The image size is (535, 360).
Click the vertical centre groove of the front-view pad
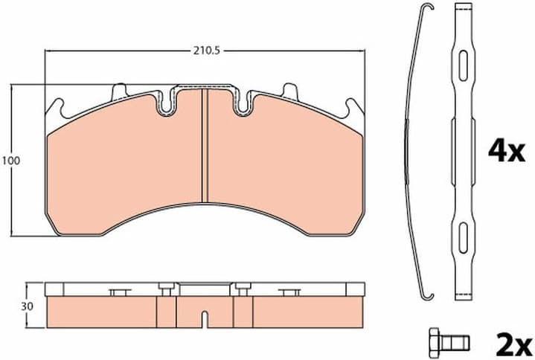[x=204, y=145]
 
